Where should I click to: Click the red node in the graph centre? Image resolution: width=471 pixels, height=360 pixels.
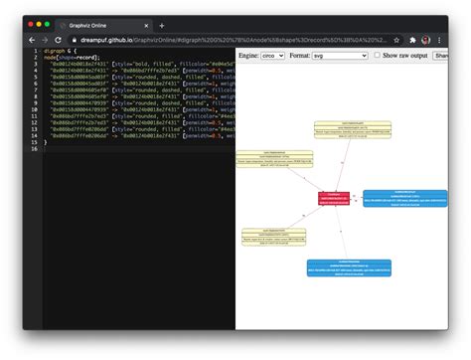[334, 198]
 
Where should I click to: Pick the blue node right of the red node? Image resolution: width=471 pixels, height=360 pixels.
[404, 198]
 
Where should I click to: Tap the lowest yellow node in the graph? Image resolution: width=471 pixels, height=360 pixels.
[273, 237]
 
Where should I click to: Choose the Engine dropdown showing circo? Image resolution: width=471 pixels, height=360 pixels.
[271, 56]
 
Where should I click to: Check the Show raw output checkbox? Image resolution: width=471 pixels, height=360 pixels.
[377, 56]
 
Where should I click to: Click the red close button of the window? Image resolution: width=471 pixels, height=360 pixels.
[31, 24]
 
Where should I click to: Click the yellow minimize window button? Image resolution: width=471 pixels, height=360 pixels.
[39, 24]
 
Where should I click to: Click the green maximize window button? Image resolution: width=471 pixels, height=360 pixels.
[47, 24]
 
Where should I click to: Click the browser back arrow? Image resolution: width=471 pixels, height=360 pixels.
[31, 40]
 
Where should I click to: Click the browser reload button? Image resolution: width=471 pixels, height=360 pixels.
[59, 40]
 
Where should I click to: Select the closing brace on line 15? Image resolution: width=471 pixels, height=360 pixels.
[45, 141]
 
